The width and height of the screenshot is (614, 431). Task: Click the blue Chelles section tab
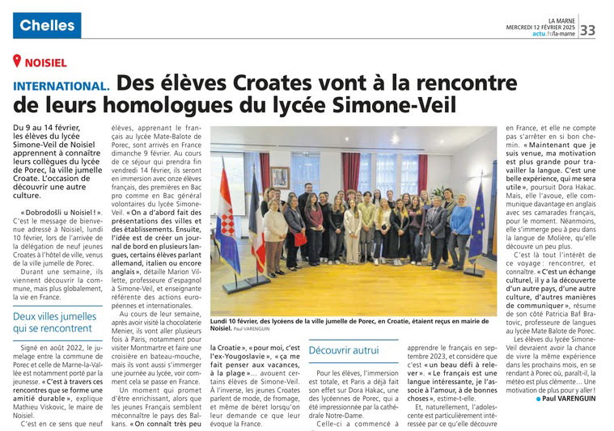click(47, 25)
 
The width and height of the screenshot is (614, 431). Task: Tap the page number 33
click(587, 30)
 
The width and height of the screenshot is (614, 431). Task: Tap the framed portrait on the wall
click(281, 176)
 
